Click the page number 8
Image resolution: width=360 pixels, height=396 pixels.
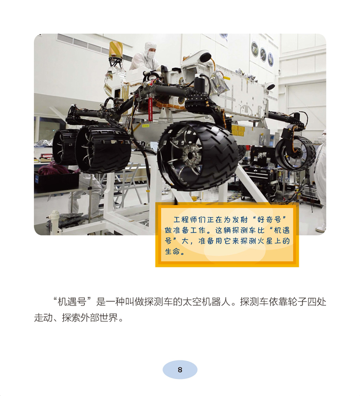180,370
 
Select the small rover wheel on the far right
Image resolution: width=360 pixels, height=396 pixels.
295,153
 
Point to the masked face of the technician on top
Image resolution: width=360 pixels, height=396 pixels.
151,55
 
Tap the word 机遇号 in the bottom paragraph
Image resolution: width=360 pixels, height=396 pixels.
73,301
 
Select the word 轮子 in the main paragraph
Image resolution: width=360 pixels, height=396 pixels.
298,301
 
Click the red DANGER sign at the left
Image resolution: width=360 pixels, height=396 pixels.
47,156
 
